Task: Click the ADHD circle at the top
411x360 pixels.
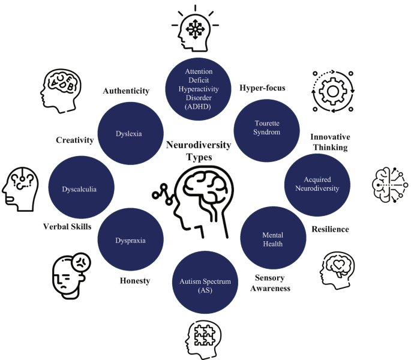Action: tap(198, 88)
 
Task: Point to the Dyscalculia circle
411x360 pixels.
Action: tap(79, 189)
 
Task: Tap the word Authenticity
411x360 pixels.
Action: tap(125, 91)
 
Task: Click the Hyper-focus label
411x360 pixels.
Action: tap(262, 88)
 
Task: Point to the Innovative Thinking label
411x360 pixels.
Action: tap(330, 142)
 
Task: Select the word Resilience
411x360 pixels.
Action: tap(330, 229)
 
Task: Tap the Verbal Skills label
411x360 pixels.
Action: tap(67, 226)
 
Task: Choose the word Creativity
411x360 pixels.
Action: tap(75, 140)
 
